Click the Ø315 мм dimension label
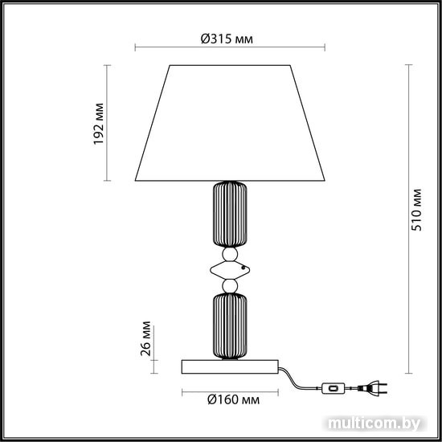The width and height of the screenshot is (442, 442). [227, 39]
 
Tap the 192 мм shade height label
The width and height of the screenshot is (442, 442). [99, 124]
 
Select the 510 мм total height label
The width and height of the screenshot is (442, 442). [416, 210]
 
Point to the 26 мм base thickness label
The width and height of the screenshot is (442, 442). [146, 338]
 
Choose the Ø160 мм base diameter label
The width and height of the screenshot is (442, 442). [233, 399]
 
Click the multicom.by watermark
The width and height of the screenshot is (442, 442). [374, 424]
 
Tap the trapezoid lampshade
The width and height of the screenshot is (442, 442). [230, 123]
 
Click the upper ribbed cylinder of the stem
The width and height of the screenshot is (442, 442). [230, 215]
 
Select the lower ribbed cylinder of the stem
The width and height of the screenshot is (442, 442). [230, 326]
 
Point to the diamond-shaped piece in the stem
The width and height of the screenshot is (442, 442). [230, 270]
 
